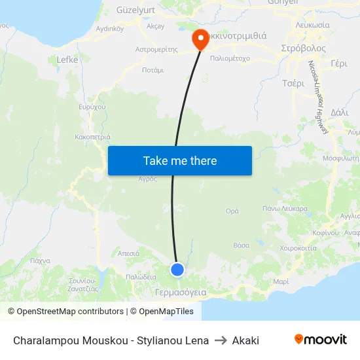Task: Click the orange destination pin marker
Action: tap(200, 39)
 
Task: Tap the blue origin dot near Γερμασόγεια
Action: tap(177, 270)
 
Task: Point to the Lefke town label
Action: tap(67, 60)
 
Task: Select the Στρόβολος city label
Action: tap(303, 48)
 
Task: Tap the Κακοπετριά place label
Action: tap(92, 138)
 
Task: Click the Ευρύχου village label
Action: tap(92, 107)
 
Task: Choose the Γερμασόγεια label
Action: tap(181, 293)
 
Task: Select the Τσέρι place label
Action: tap(293, 84)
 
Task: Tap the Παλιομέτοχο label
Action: tap(230, 58)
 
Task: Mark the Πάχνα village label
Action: tap(40, 261)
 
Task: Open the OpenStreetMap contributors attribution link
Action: tap(70, 312)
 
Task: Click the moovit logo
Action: tap(321, 340)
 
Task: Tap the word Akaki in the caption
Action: tap(245, 340)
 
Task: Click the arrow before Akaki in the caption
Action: tap(221, 340)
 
